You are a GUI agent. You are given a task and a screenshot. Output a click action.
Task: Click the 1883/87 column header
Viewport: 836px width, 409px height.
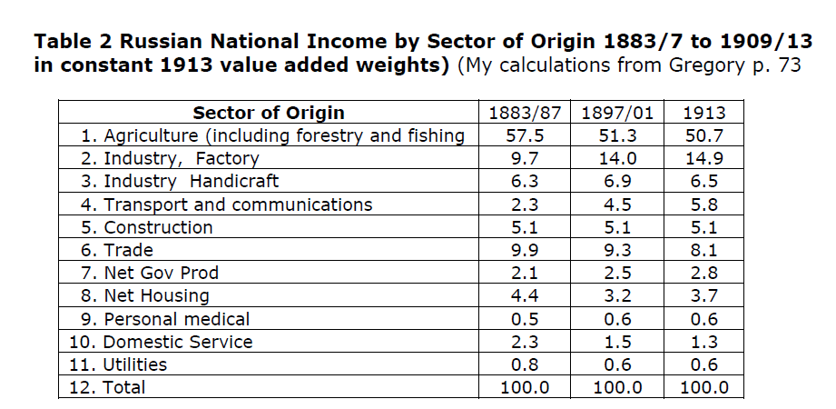coord(525,114)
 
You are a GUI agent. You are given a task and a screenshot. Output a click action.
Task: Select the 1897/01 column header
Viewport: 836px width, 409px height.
coord(617,114)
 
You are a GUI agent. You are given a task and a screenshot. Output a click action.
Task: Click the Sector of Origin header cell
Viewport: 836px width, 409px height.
coord(268,114)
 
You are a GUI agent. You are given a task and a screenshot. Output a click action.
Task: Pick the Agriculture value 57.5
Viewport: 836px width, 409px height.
coord(525,136)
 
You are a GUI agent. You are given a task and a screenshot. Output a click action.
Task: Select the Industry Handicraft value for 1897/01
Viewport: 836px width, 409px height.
coord(617,182)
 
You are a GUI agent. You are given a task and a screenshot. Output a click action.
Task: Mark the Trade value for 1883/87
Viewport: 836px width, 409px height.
coord(525,250)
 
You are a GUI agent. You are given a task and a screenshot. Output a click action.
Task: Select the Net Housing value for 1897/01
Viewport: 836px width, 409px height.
coord(617,295)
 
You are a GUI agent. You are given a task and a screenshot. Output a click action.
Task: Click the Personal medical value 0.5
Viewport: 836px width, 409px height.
coord(525,319)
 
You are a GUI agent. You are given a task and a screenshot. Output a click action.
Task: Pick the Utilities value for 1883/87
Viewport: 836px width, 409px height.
coord(525,364)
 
